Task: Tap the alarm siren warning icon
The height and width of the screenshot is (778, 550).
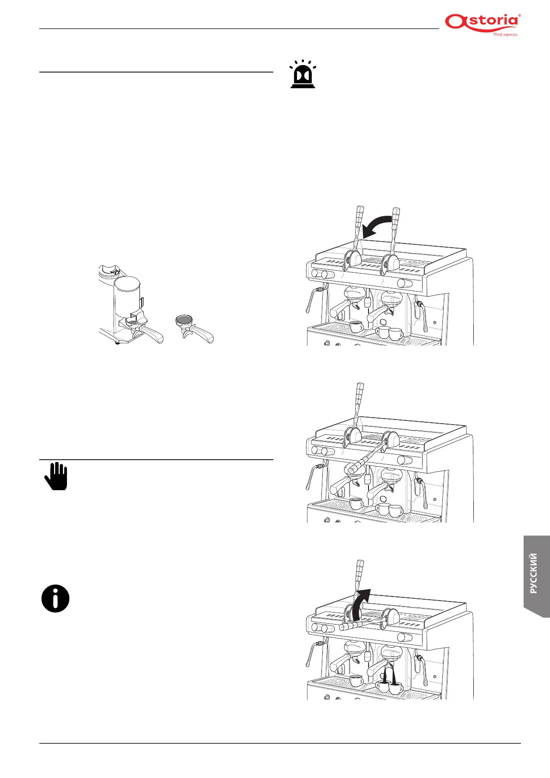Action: (302, 74)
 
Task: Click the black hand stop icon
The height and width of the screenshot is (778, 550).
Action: (56, 476)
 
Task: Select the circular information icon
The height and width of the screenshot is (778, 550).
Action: (55, 599)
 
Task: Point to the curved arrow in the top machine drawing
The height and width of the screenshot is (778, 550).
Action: (376, 228)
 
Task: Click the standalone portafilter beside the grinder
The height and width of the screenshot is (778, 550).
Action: (194, 328)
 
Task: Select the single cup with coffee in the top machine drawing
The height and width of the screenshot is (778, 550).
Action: (356, 327)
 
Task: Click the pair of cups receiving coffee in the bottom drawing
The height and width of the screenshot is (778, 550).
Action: (389, 687)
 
